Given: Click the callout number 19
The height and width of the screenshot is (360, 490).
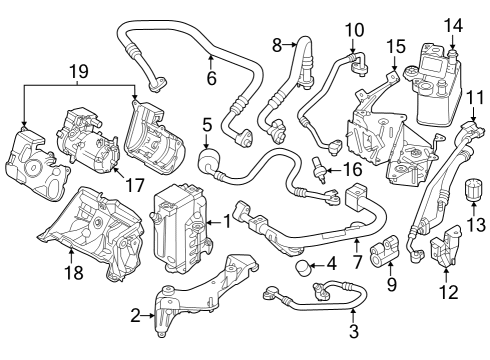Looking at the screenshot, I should click(x=79, y=72).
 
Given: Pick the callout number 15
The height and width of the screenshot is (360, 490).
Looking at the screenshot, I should click(x=397, y=46).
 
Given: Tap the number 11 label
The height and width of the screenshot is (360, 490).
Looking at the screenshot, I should click(x=476, y=98).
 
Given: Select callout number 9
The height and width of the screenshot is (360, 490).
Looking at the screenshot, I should click(x=391, y=283).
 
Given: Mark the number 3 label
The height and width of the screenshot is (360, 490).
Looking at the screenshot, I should click(x=353, y=331).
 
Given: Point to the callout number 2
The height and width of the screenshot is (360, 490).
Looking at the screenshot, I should click(x=136, y=315).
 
